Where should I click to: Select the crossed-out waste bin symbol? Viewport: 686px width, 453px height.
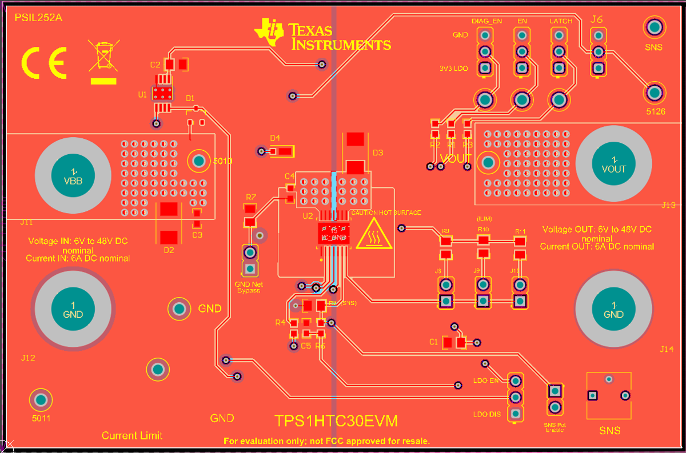[x=104, y=57]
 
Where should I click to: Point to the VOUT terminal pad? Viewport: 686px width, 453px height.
[x=613, y=164]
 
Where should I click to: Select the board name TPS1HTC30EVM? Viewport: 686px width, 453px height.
[x=336, y=422]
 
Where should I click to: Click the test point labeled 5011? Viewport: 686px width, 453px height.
[x=41, y=399]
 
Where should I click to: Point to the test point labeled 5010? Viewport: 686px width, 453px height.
[x=198, y=161]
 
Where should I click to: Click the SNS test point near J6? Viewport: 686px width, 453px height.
[x=653, y=27]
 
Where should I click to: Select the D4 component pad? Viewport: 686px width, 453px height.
[x=284, y=151]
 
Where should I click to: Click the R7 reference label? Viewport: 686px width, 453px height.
[x=251, y=197]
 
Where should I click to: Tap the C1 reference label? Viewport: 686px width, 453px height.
[x=433, y=342]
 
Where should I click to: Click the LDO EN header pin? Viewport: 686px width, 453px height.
[x=516, y=380]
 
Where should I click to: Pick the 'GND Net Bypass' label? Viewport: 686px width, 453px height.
[x=249, y=287]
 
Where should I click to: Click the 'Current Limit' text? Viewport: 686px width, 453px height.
[x=132, y=435]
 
